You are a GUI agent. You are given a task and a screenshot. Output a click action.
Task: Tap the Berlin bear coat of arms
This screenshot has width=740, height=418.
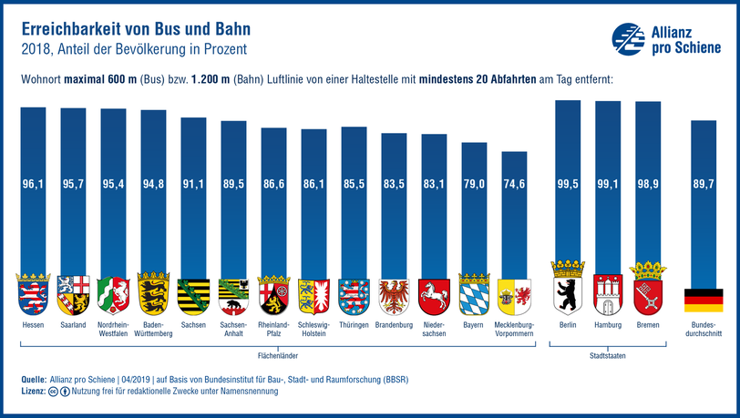click(567, 291)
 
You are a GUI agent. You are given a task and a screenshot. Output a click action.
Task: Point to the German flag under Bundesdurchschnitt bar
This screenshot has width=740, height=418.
click(703, 301)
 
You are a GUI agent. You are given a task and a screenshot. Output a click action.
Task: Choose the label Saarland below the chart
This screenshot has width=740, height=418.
click(74, 324)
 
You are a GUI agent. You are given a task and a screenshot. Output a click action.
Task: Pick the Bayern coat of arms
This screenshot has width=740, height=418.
click(474, 292)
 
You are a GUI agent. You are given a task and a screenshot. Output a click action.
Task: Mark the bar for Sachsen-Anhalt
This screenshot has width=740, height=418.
click(233, 200)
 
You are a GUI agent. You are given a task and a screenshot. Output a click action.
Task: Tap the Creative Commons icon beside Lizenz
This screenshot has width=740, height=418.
click(55, 391)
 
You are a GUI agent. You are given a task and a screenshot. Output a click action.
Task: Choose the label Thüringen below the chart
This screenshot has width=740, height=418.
click(354, 324)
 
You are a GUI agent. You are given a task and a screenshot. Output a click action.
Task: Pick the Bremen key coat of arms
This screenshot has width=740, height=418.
click(648, 291)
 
